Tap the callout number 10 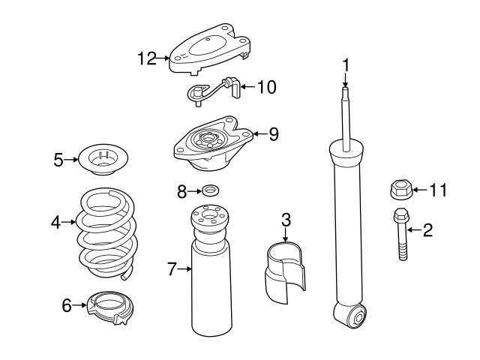tap(265, 87)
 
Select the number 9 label tap(273, 134)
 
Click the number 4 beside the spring tap(55, 222)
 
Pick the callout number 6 tap(66, 304)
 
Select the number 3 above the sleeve tap(286, 220)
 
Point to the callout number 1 tap(346, 66)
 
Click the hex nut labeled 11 tap(399, 190)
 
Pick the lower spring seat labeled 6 tap(108, 306)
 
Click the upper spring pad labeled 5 tap(104, 159)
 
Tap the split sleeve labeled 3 tap(286, 270)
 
